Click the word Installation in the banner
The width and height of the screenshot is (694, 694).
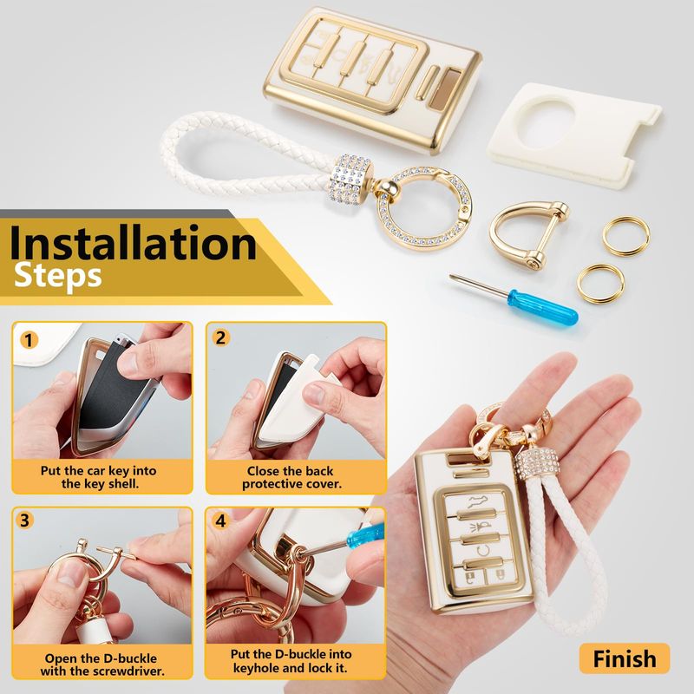tap(133, 243)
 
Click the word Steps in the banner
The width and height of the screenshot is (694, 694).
tap(58, 277)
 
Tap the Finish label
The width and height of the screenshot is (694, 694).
tap(625, 658)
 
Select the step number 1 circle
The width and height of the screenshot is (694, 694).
tap(29, 340)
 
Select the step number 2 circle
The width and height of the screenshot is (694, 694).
tap(220, 338)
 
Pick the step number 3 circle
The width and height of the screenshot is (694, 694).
tap(25, 520)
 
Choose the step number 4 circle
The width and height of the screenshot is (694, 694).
tap(220, 520)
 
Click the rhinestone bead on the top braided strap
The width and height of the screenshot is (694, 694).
tap(351, 180)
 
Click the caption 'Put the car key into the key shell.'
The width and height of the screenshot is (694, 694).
tap(98, 476)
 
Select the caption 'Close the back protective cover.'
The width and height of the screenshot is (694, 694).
tap(291, 477)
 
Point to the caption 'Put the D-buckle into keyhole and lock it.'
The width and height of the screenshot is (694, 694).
tap(291, 660)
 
